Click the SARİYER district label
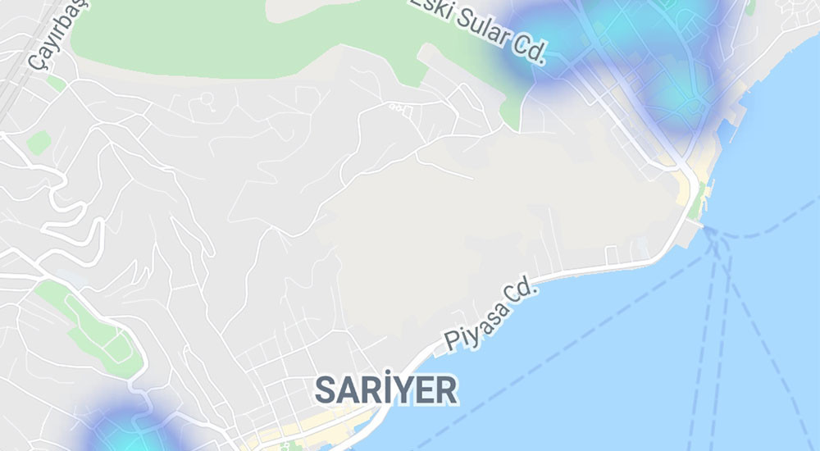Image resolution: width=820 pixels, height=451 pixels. click(x=386, y=390)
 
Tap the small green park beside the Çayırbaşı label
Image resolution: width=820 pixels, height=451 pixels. click(x=38, y=143)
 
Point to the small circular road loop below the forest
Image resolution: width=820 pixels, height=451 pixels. click(x=207, y=101)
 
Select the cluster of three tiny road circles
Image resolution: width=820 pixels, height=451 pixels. click(x=399, y=107)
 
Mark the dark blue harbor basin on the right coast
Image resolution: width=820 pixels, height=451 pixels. click(x=732, y=131)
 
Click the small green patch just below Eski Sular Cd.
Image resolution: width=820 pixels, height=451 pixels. click(x=510, y=111)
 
